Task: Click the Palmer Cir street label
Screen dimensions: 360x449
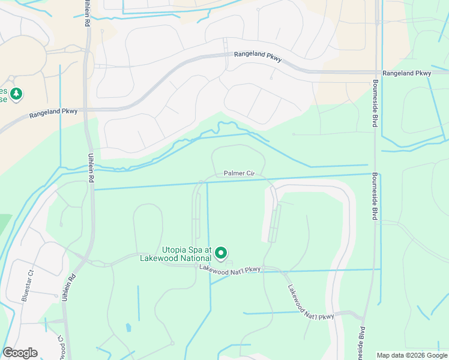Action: click(240, 173)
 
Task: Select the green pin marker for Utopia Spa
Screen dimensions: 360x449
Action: click(221, 253)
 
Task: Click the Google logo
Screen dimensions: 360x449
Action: click(20, 353)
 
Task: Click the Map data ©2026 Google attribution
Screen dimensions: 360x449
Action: click(411, 355)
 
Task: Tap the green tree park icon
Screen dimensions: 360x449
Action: click(16, 94)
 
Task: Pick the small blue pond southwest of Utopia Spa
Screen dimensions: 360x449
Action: click(128, 328)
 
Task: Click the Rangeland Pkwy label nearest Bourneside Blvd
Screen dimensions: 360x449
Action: click(407, 73)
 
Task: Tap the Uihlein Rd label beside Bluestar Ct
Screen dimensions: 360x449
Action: click(67, 287)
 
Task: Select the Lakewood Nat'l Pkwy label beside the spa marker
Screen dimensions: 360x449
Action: click(231, 269)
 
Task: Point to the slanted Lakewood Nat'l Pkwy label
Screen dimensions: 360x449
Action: click(310, 302)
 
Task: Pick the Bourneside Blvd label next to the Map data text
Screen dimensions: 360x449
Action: click(363, 343)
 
